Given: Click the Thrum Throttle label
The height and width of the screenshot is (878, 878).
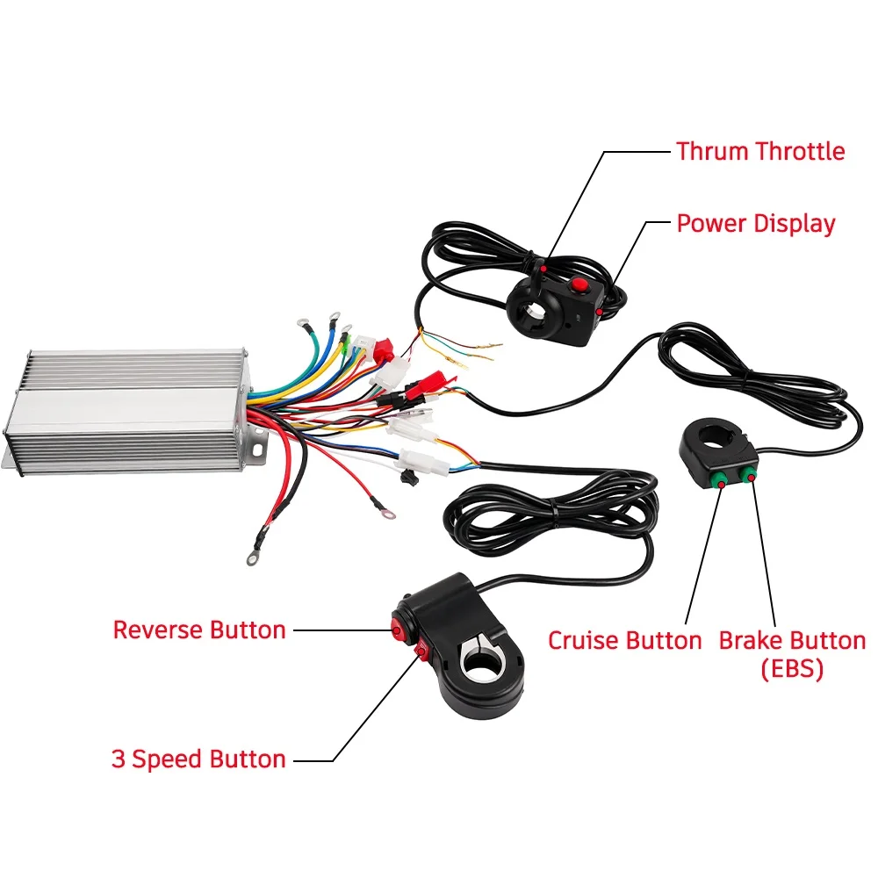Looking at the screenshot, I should (x=759, y=151).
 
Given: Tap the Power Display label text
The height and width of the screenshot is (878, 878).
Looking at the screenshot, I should (x=755, y=223).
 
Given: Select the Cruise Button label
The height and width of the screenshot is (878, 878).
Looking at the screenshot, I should (x=624, y=640).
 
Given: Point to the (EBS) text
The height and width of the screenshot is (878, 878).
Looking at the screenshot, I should (x=791, y=669).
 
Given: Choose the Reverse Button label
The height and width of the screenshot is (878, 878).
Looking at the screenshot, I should (x=199, y=630).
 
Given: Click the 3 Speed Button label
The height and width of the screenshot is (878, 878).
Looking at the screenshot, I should (x=198, y=759).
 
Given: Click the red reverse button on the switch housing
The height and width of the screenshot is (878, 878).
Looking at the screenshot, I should (x=396, y=627).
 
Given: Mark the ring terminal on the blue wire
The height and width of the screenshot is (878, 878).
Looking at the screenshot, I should (x=304, y=321).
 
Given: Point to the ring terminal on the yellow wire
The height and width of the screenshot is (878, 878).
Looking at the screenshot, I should (x=335, y=314).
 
